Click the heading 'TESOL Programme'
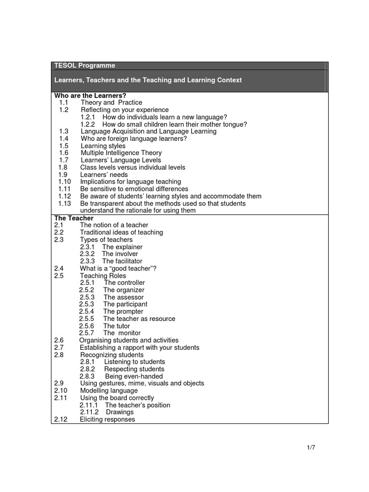85,65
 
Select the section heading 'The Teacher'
74,218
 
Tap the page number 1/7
311,448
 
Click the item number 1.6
64,153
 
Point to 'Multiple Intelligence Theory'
121,153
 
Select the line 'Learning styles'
103,146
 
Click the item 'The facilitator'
122,261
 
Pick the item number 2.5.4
87,311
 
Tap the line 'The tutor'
117,326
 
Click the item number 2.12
61,419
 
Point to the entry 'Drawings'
120,412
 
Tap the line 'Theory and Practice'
111,102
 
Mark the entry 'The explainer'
122,247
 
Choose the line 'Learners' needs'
104,174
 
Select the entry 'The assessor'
123,297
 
